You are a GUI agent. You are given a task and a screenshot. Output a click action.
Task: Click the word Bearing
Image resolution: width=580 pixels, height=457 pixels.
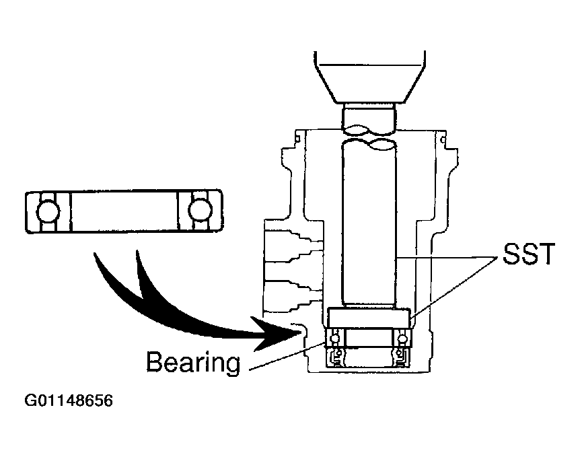coord(192,363)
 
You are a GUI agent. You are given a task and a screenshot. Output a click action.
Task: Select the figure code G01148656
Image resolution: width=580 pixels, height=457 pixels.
coord(69,402)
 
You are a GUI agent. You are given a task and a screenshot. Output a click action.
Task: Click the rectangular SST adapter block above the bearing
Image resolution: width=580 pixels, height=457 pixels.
coord(369,318)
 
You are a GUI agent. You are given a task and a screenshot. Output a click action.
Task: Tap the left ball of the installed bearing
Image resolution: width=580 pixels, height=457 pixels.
coord(333,339)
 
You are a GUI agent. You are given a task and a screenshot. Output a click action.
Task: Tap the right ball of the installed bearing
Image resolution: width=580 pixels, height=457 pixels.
coord(403,339)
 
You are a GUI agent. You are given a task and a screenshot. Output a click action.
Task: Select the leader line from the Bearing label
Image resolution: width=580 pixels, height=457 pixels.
coord(283,357)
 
